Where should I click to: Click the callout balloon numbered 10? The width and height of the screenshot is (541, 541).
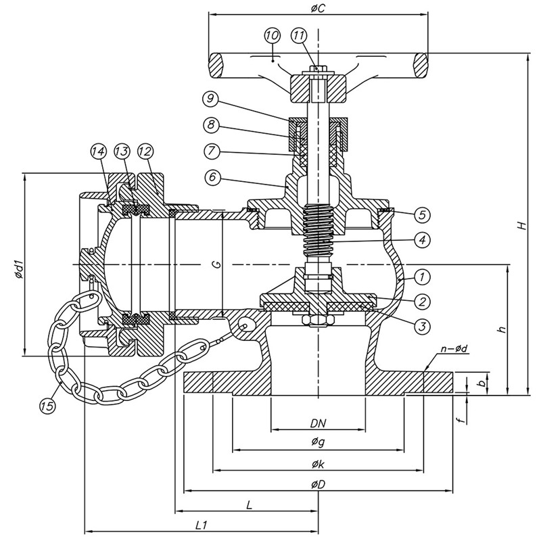273,35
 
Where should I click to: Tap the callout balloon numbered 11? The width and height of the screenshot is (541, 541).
299,35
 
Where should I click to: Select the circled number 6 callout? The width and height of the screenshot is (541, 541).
212,177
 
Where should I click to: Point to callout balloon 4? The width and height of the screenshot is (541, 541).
422,240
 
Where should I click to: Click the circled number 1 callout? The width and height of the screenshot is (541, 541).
422,277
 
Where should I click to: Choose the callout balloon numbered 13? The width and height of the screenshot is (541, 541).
122,151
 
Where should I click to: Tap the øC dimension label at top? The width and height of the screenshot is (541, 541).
318,9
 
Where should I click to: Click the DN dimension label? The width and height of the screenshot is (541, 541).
318,423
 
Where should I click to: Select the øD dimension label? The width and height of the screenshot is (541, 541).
318,485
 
